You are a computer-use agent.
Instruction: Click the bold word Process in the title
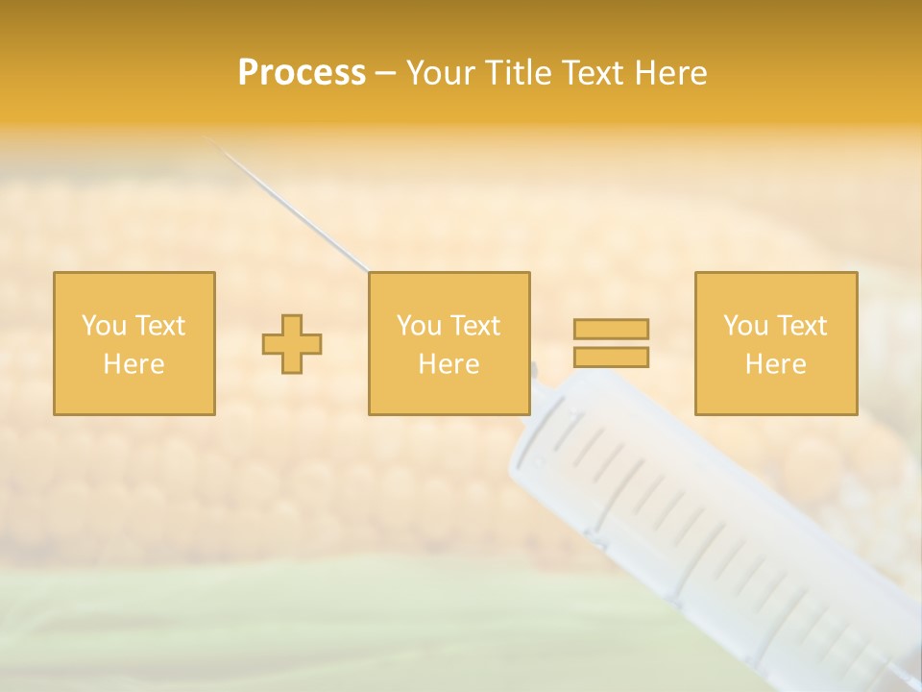pos(302,73)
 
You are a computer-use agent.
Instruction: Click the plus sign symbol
pos(292,344)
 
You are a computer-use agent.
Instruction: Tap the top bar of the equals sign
pos(611,329)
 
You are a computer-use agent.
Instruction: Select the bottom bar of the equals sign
pos(611,357)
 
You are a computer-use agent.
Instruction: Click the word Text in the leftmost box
pos(159,326)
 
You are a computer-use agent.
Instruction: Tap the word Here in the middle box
pos(449,364)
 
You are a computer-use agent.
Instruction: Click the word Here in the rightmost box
pos(775,364)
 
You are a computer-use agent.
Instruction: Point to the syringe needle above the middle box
pos(288,203)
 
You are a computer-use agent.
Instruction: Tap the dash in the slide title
pos(385,74)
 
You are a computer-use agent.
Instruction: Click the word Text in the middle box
pos(475,326)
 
